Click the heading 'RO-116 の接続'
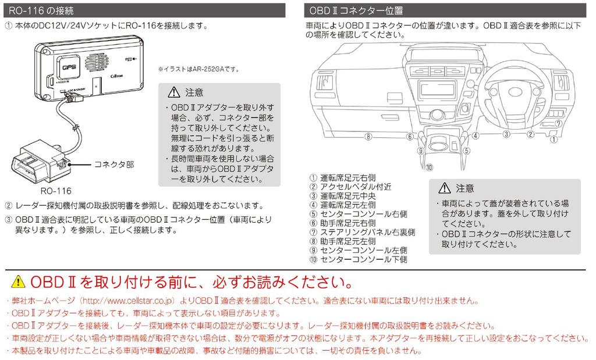pos(41,10)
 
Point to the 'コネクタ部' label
pos(114,165)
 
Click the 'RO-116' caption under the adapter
pos(56,190)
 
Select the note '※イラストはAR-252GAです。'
pos(198,69)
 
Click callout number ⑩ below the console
pos(429,167)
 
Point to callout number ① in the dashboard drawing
pos(554,139)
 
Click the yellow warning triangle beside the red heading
pos(19,282)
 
